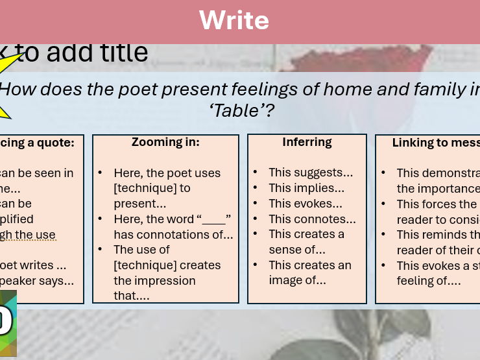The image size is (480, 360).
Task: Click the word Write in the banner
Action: pyautogui.click(x=234, y=20)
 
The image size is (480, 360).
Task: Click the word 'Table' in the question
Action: pyautogui.click(x=241, y=111)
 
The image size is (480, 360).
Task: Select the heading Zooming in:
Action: pyautogui.click(x=165, y=142)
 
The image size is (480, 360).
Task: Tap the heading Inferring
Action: pyautogui.click(x=307, y=142)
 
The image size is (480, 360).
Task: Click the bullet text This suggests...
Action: pyautogui.click(x=311, y=173)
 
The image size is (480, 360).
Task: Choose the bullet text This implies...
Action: pyautogui.click(x=306, y=188)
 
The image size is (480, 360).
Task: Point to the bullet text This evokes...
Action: pyautogui.click(x=305, y=204)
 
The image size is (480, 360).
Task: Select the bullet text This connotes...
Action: pyautogui.click(x=312, y=219)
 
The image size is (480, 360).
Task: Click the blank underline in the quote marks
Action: pyautogui.click(x=213, y=220)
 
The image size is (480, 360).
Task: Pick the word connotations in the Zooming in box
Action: pyautogui.click(x=193, y=235)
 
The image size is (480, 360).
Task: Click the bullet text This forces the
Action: pyautogui.click(x=436, y=204)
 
